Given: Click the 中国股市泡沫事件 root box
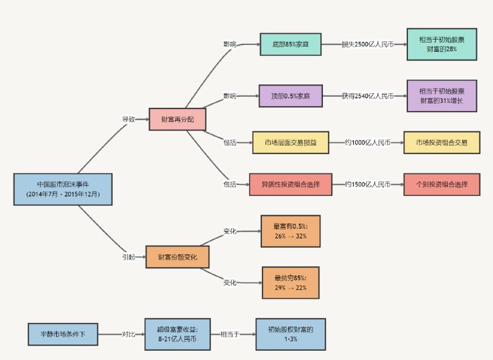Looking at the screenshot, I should [63, 189].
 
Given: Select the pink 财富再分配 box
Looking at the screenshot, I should [177, 119].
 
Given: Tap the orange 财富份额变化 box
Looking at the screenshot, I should [177, 256].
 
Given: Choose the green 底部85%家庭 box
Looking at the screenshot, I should [290, 45].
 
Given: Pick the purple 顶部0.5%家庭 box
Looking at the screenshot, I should [290, 96].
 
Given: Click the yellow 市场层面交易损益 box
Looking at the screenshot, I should [289, 142].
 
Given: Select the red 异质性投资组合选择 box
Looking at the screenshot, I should [290, 184].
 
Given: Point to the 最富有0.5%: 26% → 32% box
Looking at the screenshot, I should [290, 231].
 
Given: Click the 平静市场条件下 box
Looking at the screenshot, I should [63, 335].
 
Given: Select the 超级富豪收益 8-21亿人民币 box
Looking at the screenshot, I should [177, 335].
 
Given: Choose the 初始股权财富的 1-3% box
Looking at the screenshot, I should [290, 335].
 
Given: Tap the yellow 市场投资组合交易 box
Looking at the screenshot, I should [441, 142].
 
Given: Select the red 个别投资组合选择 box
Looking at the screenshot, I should [441, 184].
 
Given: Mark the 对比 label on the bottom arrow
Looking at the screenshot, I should [128, 335].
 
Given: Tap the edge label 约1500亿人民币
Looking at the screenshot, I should [368, 184].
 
